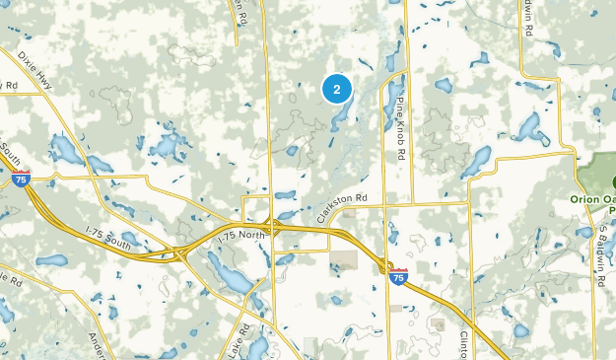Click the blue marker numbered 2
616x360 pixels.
337,90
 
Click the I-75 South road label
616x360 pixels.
107,236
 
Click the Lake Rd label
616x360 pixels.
236,341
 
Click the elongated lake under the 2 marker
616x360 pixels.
339,119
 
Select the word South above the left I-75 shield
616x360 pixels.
12,153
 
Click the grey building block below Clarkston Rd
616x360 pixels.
343,261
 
